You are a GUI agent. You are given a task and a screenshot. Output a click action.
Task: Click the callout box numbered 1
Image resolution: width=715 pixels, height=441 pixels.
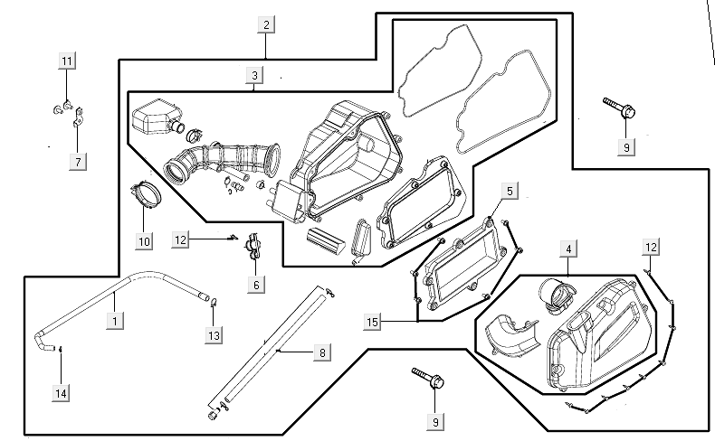click(x=115, y=321)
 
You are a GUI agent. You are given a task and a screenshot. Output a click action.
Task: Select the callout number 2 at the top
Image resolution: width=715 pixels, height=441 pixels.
click(x=265, y=24)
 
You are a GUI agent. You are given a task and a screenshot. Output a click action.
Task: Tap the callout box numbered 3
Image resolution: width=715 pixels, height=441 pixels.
click(x=255, y=75)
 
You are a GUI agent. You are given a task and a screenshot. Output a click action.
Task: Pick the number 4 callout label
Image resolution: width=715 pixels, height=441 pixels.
click(x=568, y=249)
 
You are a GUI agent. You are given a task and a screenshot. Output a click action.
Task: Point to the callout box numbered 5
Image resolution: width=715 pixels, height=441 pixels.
click(x=510, y=191)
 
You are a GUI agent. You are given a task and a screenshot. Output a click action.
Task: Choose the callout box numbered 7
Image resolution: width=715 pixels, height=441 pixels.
click(x=79, y=162)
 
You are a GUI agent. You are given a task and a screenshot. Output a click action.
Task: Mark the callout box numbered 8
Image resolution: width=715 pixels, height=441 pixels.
click(x=321, y=352)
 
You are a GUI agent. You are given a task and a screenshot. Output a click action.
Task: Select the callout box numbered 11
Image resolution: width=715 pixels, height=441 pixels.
click(x=67, y=61)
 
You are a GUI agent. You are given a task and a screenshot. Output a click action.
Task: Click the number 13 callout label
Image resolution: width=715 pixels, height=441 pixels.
click(x=214, y=336)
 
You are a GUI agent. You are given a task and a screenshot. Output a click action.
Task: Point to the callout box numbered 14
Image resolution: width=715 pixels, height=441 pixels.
click(x=61, y=393)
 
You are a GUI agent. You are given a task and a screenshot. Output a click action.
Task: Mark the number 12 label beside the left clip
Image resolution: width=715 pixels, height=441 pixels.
click(x=182, y=239)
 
